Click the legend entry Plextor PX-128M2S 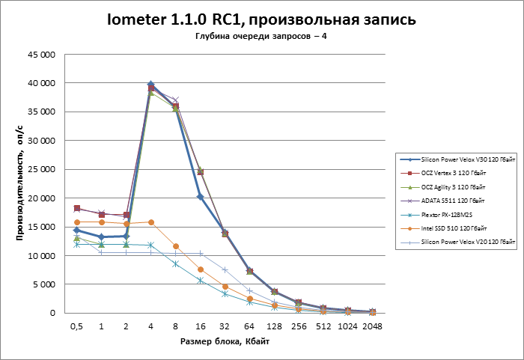[446, 214]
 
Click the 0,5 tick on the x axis [76, 326]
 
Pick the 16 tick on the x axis [200, 326]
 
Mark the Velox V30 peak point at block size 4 [151, 85]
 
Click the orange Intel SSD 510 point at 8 [176, 246]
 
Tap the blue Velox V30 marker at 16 [200, 197]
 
